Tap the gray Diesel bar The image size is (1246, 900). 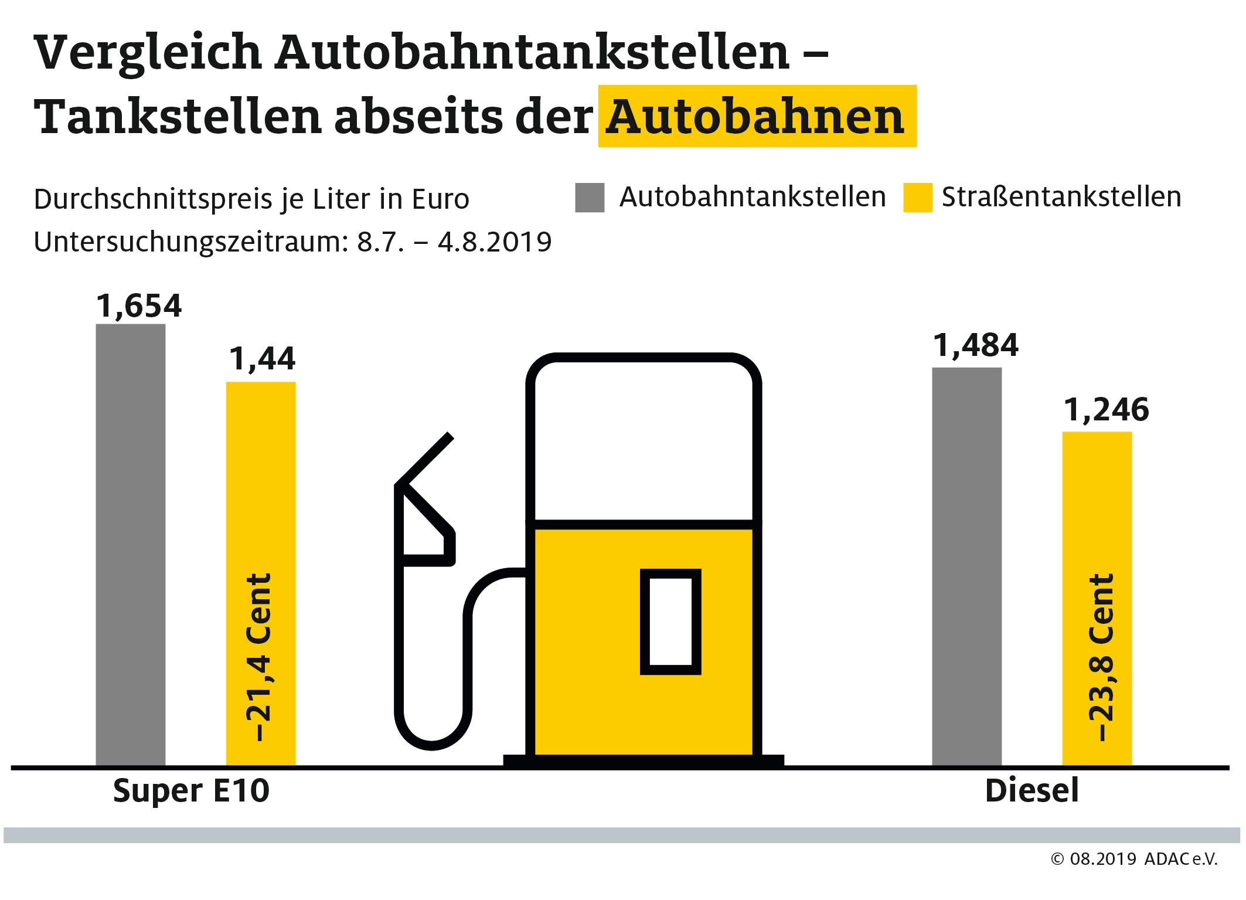point(966,566)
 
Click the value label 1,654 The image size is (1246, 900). point(139,305)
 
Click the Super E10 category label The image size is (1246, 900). point(191,791)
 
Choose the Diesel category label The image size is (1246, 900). point(1031,791)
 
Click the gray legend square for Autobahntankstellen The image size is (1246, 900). point(589,198)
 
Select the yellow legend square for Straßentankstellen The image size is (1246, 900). point(917,198)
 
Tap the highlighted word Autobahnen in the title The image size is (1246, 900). point(756,117)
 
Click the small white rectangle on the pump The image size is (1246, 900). point(670,621)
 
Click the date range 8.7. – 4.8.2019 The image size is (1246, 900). point(454,242)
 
